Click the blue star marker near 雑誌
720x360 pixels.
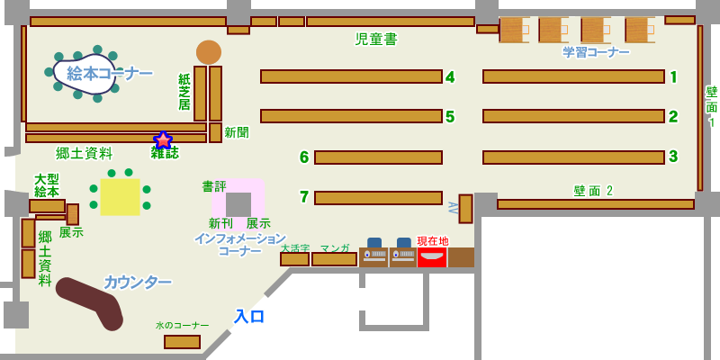[x=163, y=140]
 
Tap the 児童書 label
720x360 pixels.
[x=376, y=40]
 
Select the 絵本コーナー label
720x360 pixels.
[x=109, y=73]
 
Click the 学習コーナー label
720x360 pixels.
[x=596, y=52]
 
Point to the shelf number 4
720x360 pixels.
[x=450, y=77]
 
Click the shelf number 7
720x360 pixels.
[x=304, y=197]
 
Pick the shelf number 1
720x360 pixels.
[x=673, y=77]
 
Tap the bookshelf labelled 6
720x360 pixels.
[x=378, y=157]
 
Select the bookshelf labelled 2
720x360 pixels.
[x=573, y=116]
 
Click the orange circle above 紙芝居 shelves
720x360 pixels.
[x=209, y=52]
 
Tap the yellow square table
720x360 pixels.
[x=120, y=197]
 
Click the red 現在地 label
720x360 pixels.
[x=433, y=241]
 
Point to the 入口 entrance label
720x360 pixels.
[x=250, y=316]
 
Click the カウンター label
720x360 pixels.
[x=137, y=282]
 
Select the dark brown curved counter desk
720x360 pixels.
[x=90, y=301]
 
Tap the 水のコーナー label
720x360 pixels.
[x=182, y=325]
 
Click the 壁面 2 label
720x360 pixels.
[x=593, y=191]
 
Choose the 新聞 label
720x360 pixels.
[x=237, y=132]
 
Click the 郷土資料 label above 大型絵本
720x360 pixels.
[x=85, y=153]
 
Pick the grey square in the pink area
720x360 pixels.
[x=238, y=204]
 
